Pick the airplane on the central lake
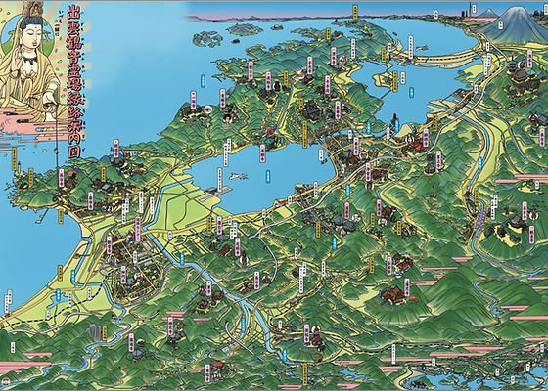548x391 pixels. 239,176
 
